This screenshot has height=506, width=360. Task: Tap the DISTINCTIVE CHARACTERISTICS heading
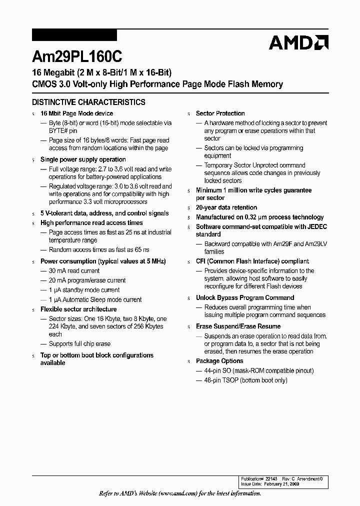pyautogui.click(x=88, y=102)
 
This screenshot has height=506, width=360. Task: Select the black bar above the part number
pyautogui.click(x=74, y=35)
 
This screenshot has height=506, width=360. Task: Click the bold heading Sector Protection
pyautogui.click(x=220, y=113)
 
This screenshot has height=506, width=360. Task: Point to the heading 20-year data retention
pyautogui.click(x=226, y=207)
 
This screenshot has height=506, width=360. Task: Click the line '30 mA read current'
pyautogui.click(x=74, y=271)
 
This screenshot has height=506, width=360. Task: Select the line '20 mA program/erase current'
pyautogui.click(x=87, y=280)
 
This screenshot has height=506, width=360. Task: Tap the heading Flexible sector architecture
pyautogui.click(x=78, y=309)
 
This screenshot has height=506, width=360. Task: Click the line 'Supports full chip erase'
pyautogui.click(x=79, y=344)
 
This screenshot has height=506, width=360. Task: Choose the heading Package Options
pyautogui.click(x=219, y=361)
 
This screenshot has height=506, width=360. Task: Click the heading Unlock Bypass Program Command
pyautogui.click(x=245, y=298)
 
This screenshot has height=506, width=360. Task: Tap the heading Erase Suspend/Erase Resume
pyautogui.click(x=238, y=326)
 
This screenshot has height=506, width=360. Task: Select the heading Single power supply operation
pyautogui.click(x=83, y=159)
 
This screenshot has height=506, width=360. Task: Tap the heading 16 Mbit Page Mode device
pyautogui.click(x=76, y=113)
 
